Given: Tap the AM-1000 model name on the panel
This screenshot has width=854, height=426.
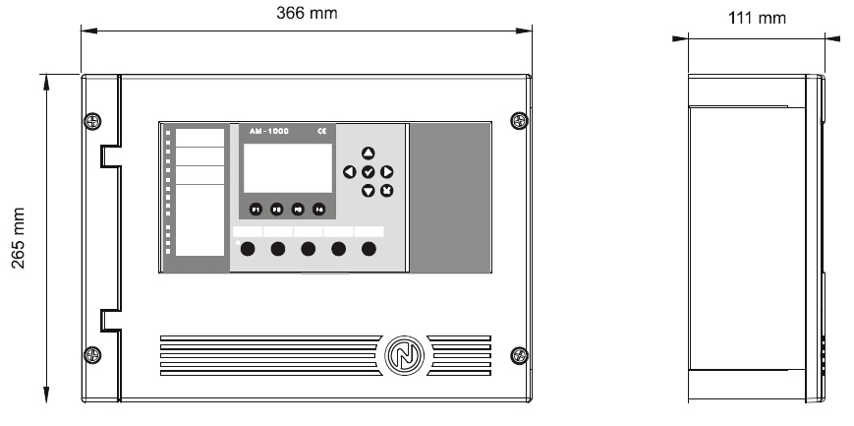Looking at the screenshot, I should [269, 131].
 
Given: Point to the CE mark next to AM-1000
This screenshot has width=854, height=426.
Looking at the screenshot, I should [321, 131].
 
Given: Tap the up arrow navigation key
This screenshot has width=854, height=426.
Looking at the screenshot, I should [369, 153].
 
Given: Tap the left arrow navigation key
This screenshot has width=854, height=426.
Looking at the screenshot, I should [350, 172].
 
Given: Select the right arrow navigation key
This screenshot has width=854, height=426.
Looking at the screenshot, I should [387, 172].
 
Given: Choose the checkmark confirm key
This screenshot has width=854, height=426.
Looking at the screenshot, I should [369, 172].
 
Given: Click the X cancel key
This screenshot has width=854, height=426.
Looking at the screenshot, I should [387, 190].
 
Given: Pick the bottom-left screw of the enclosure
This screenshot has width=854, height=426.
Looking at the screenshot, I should [90, 354].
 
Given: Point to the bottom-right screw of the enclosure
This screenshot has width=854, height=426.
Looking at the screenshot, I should [520, 354].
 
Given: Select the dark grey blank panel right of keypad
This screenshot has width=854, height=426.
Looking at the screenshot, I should [449, 197].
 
